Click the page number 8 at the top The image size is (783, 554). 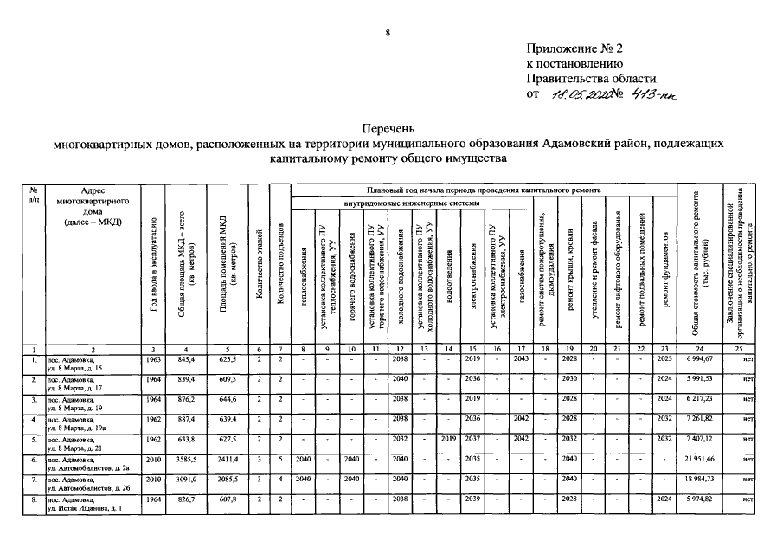[x=388, y=34]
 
